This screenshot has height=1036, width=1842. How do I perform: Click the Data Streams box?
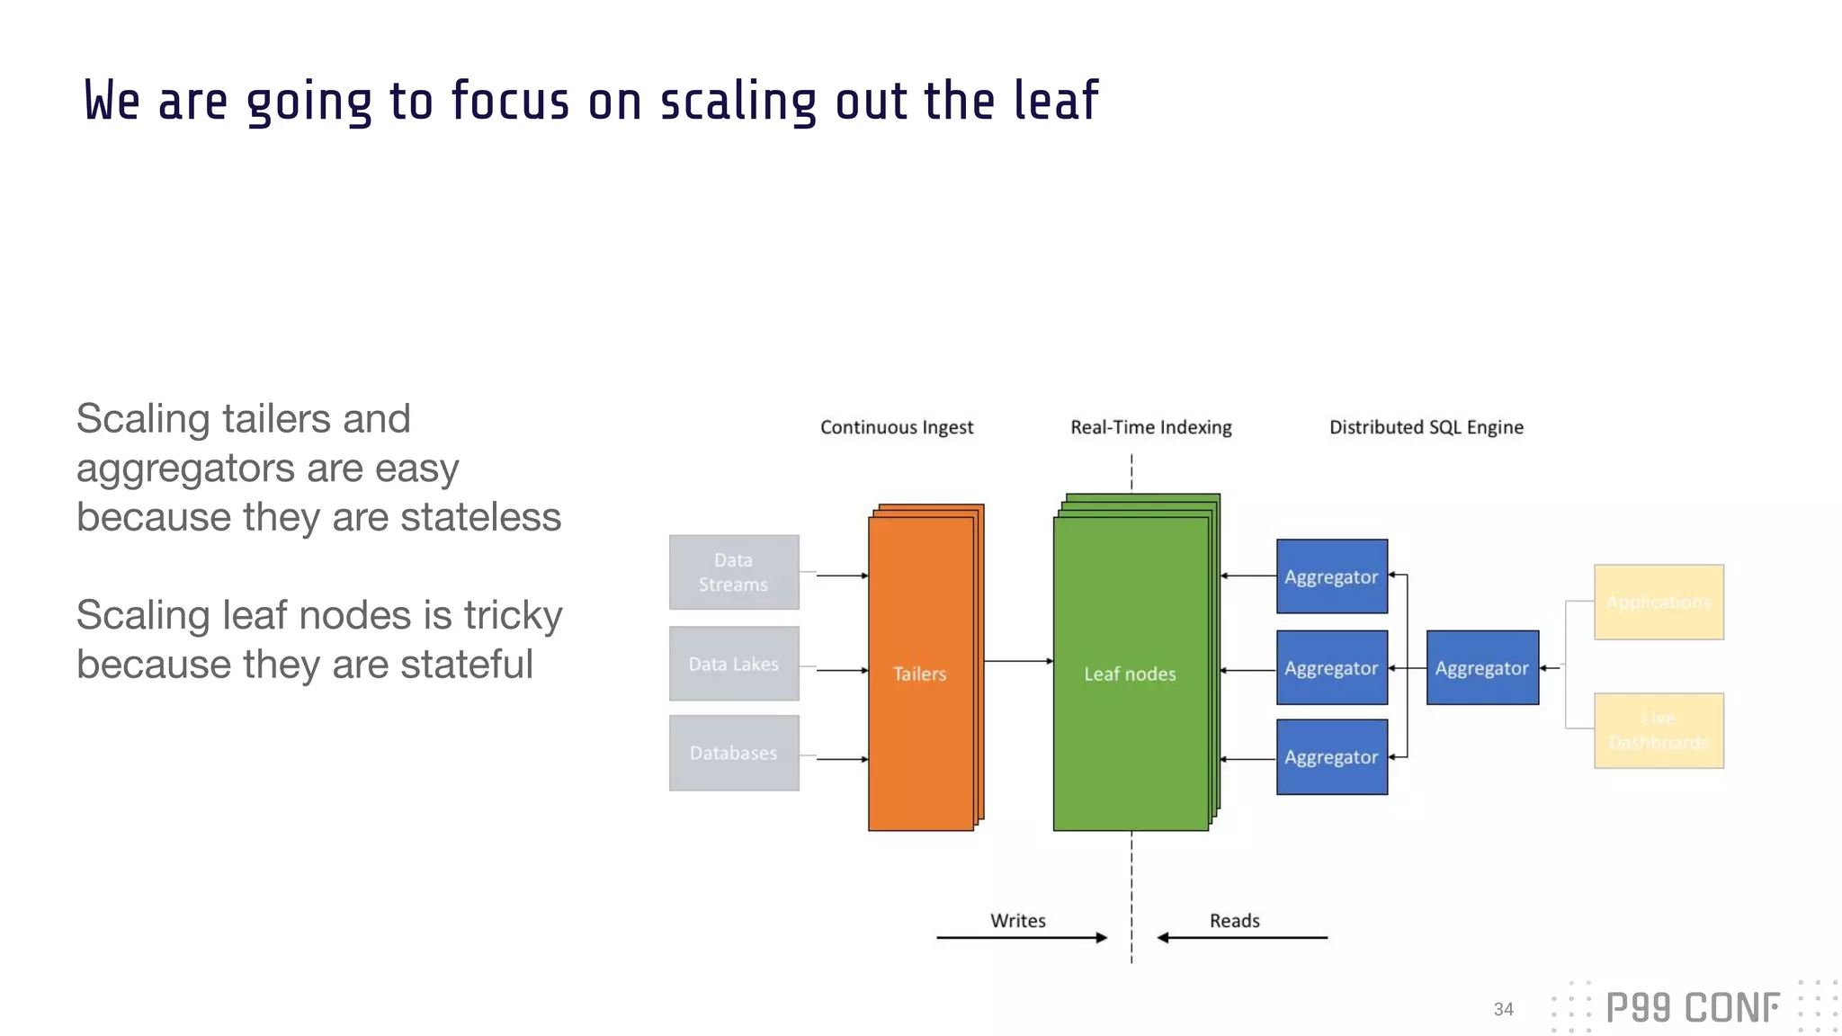(x=734, y=572)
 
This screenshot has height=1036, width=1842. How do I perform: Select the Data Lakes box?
(x=734, y=664)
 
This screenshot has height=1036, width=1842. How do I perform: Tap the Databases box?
(x=734, y=753)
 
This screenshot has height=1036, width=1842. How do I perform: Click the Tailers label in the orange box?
(x=919, y=674)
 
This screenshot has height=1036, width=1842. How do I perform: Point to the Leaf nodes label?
(x=1130, y=674)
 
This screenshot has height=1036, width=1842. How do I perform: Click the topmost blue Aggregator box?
(x=1331, y=576)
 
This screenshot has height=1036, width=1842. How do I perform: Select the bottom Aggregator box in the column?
(x=1331, y=757)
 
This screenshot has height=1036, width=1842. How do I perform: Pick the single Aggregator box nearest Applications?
(x=1482, y=667)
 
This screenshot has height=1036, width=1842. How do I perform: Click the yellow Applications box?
(x=1659, y=602)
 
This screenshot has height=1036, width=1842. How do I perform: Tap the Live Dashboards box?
(x=1659, y=730)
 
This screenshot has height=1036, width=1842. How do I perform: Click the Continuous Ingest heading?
(x=896, y=427)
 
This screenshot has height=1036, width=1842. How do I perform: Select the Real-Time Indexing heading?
(x=1150, y=427)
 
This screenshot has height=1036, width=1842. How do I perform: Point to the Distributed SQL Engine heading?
(x=1426, y=427)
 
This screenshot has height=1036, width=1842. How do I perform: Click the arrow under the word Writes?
(x=1021, y=937)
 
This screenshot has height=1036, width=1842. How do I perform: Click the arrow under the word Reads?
(x=1242, y=937)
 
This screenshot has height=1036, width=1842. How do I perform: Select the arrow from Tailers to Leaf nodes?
(x=1018, y=661)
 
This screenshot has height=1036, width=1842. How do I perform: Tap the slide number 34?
(x=1503, y=1009)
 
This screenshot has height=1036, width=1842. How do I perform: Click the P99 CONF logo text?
(x=1692, y=1008)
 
